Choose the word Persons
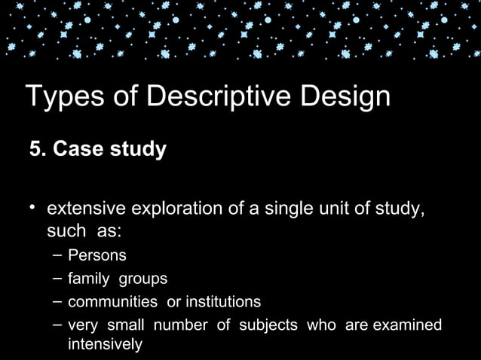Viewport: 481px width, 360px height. (x=97, y=255)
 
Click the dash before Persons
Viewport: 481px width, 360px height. (x=57, y=255)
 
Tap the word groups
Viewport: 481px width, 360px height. (x=142, y=279)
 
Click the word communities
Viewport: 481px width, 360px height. (x=112, y=302)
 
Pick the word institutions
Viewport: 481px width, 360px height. (x=222, y=302)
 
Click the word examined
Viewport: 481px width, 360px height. (x=405, y=325)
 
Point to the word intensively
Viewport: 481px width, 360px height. (x=105, y=345)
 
